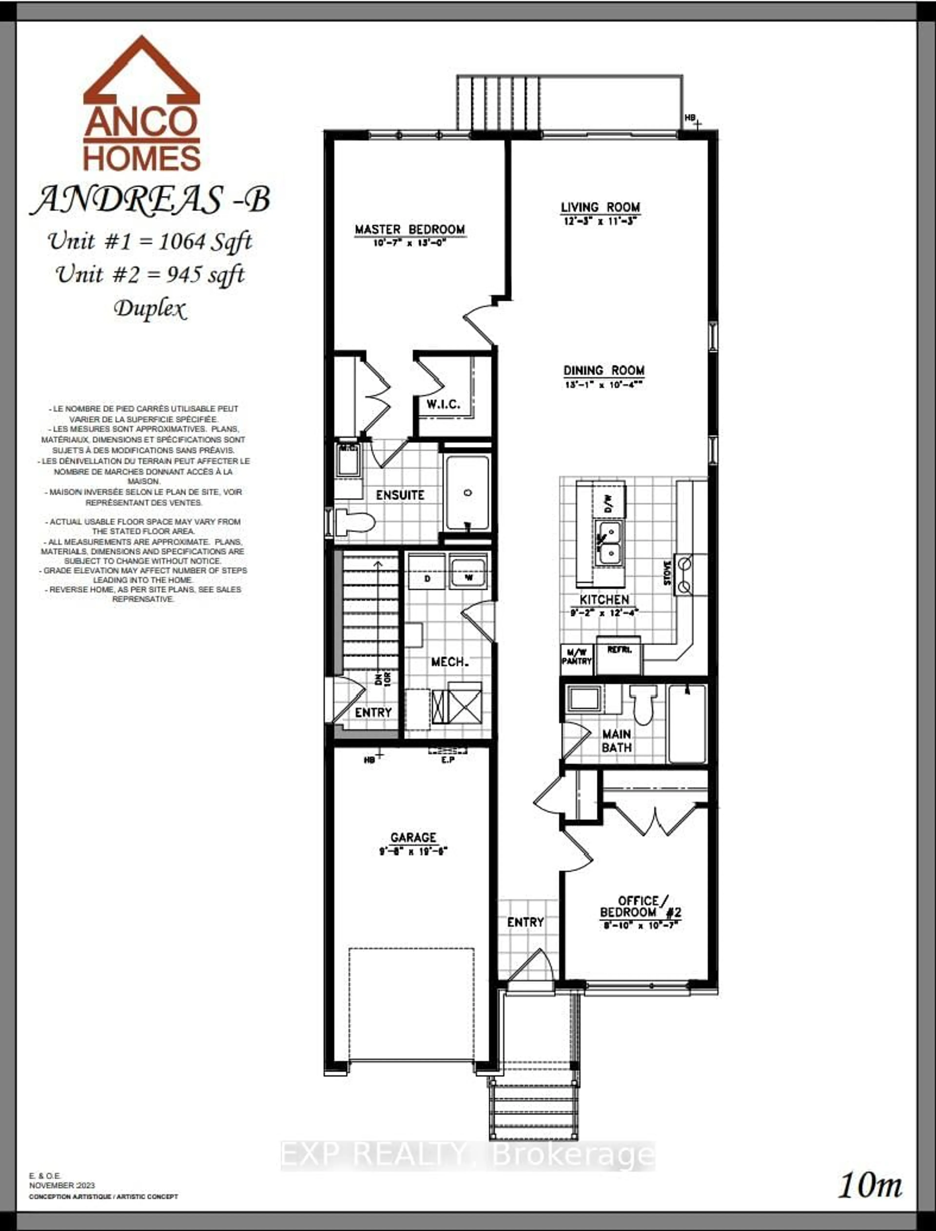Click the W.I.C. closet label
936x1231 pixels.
coord(443,404)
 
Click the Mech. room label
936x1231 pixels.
coord(449,662)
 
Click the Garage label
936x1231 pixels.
coord(413,837)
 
